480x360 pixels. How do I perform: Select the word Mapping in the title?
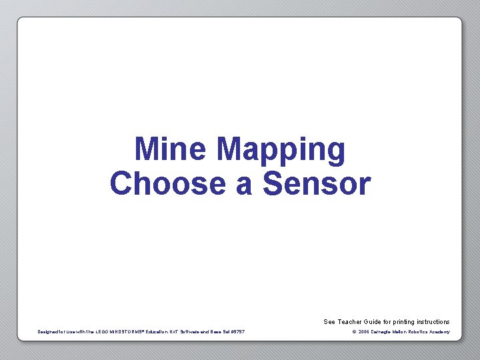click(281, 151)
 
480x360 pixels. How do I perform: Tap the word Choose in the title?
click(168, 183)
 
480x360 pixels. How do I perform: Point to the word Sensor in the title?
click(317, 183)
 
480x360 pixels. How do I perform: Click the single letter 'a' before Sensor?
click(243, 185)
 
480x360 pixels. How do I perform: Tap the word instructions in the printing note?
click(434, 322)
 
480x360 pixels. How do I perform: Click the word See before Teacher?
click(329, 322)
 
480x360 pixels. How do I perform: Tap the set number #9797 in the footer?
click(237, 332)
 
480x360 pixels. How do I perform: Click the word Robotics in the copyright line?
click(420, 332)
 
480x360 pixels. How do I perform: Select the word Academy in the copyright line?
click(441, 332)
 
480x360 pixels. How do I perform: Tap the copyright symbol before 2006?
click(354, 332)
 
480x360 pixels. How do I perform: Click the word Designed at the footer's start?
click(49, 332)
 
